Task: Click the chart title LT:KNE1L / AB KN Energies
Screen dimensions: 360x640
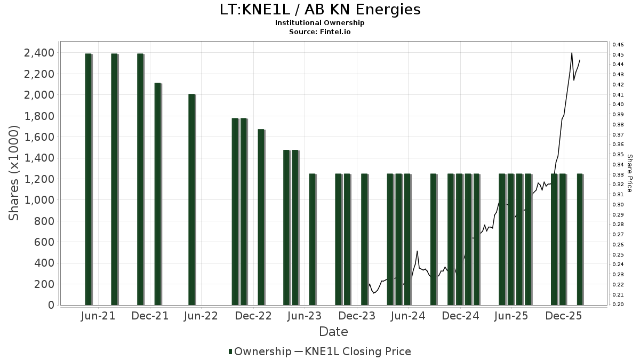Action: click(x=319, y=10)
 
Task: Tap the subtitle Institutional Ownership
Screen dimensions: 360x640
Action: click(x=319, y=23)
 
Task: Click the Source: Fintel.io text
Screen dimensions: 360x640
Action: click(x=319, y=32)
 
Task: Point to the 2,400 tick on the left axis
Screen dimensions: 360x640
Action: click(x=39, y=53)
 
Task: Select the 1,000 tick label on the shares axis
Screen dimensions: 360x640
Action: click(x=39, y=200)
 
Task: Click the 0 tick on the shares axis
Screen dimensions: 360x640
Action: click(x=51, y=305)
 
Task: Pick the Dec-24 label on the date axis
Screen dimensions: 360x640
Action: click(x=461, y=316)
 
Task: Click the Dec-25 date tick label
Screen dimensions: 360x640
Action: click(x=564, y=316)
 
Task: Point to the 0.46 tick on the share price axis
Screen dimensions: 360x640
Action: click(x=618, y=44)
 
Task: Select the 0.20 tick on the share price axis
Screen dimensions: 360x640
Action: click(x=618, y=305)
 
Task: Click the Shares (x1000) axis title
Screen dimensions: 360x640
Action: click(x=14, y=173)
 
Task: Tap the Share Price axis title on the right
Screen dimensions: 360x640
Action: click(x=629, y=173)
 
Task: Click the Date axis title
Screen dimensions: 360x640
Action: click(x=333, y=332)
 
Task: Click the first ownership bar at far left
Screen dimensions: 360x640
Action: click(x=89, y=179)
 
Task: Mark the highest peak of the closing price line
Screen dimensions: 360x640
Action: click(x=572, y=53)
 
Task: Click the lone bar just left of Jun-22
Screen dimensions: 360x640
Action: click(x=192, y=199)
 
